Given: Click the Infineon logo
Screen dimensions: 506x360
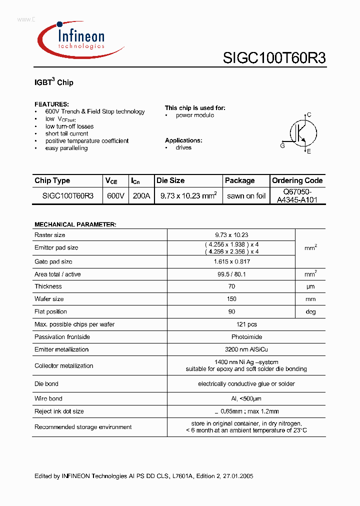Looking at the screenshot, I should pyautogui.click(x=80, y=39).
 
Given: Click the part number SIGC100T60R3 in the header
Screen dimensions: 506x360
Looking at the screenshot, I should pyautogui.click(x=274, y=58).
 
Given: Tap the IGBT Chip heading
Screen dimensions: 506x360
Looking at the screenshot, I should pyautogui.click(x=54, y=82).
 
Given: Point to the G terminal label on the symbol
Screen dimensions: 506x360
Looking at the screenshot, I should pyautogui.click(x=282, y=145).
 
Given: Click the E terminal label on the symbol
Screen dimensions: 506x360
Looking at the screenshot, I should pyautogui.click(x=309, y=151).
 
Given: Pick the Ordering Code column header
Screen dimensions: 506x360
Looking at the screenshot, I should pyautogui.click(x=297, y=180).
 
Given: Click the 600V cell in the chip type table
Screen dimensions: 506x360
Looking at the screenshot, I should pyautogui.click(x=115, y=196).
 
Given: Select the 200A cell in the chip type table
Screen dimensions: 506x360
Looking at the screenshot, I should pyautogui.click(x=141, y=196).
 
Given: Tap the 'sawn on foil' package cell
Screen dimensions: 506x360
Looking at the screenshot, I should pyautogui.click(x=246, y=196).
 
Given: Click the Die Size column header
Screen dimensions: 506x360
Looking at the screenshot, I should pyautogui.click(x=170, y=180).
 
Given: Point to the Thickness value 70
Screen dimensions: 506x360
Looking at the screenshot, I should pyautogui.click(x=231, y=286).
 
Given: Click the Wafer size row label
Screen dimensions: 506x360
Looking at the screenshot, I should pyautogui.click(x=49, y=299).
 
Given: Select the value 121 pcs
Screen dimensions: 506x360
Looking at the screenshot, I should pyautogui.click(x=231, y=324).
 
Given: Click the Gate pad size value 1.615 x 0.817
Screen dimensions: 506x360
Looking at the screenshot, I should pyautogui.click(x=231, y=261).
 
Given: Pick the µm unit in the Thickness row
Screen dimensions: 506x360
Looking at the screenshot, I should pyautogui.click(x=310, y=286).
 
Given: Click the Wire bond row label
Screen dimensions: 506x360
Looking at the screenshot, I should pyautogui.click(x=48, y=398).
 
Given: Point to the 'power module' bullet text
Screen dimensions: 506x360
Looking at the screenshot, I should pyautogui.click(x=194, y=115).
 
